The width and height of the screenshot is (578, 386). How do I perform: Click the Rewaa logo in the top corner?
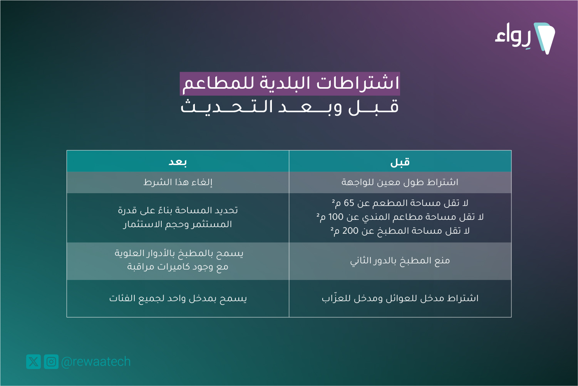525,38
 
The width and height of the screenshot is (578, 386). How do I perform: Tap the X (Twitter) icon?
34,361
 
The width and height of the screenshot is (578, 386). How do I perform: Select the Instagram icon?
51,361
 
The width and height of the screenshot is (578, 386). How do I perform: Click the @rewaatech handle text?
96,362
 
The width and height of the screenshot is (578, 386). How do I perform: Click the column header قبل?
400,162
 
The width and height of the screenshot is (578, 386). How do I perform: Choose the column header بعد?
178,162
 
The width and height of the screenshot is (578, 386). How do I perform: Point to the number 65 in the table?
349,203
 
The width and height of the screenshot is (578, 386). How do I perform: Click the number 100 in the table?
336,217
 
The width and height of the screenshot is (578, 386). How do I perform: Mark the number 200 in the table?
350,231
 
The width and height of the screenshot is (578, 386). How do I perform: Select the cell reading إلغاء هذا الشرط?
178,182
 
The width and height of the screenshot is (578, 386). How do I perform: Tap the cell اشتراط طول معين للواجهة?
400,182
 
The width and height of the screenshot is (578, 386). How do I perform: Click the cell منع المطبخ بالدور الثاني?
400,261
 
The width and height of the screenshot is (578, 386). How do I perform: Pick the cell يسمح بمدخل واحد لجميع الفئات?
178,298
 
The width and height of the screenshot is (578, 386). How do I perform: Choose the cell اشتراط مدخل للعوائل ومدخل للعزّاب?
400,298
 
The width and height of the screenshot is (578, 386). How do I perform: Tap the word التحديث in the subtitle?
227,107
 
